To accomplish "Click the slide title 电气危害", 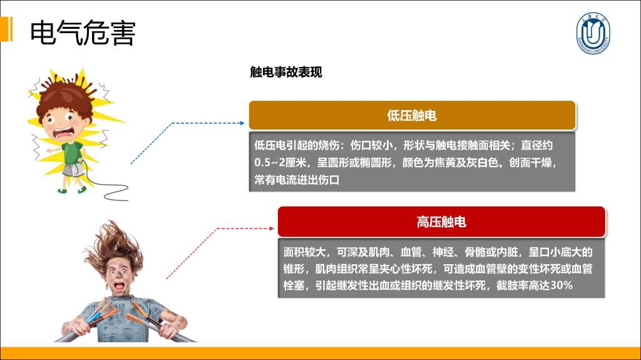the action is (x=83, y=33).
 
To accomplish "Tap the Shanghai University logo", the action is (x=593, y=33).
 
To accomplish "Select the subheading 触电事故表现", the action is (x=285, y=72).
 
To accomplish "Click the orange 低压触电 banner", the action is (x=412, y=115).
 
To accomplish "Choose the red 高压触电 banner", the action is (x=441, y=222).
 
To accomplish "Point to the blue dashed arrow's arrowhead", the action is (x=242, y=123).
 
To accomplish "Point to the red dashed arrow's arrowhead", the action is (x=272, y=229).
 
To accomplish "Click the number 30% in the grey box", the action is (x=561, y=285).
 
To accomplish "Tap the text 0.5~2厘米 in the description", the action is (x=280, y=162).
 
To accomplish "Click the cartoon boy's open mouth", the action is (x=64, y=133).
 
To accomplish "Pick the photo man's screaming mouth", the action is (x=119, y=286).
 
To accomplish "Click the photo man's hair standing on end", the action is (x=114, y=244).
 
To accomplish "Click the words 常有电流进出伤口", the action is (x=297, y=180).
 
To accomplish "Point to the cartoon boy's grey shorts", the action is (x=73, y=170).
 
